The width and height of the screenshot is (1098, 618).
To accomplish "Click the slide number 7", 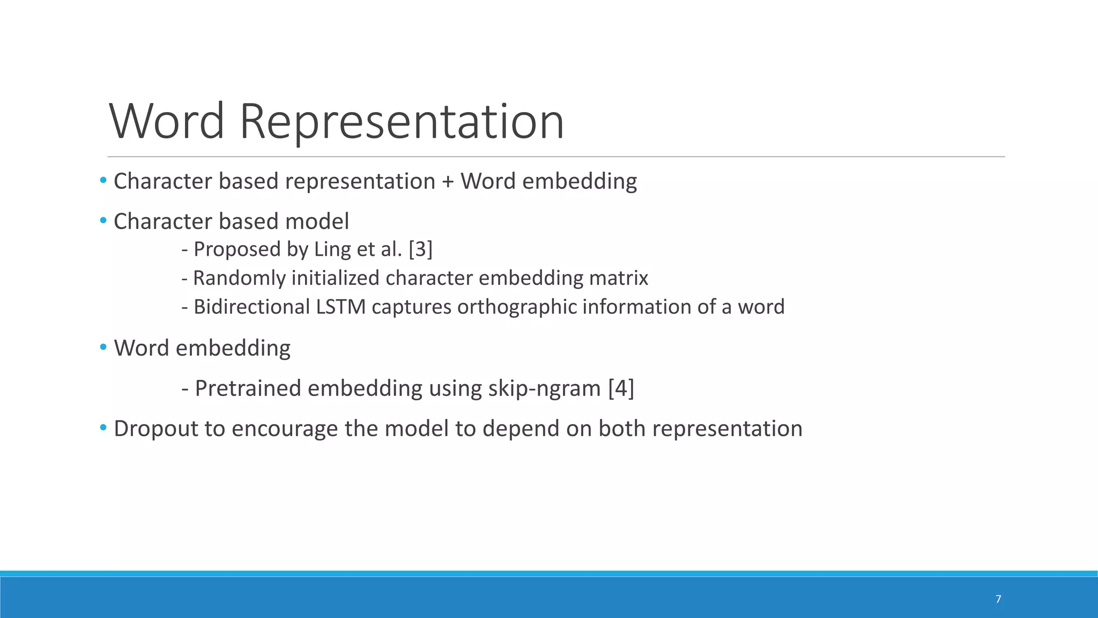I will pyautogui.click(x=998, y=599).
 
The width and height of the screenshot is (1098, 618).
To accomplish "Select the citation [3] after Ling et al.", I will pyautogui.click(x=420, y=249).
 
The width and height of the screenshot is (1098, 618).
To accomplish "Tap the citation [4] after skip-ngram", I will pyautogui.click(x=621, y=388).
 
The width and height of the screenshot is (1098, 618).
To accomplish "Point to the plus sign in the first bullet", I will pyautogui.click(x=448, y=182).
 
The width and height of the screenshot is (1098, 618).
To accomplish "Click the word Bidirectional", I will pyautogui.click(x=251, y=307).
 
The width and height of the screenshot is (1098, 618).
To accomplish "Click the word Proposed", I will pyautogui.click(x=237, y=250).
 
